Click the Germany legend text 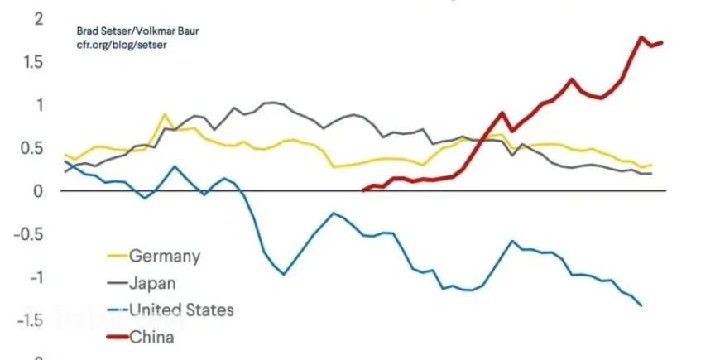[165, 257]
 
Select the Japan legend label [152, 283]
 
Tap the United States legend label [181, 310]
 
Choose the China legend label [151, 336]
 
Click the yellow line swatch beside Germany [118, 257]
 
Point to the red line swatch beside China [118, 336]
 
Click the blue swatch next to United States [118, 310]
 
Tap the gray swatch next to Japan [118, 283]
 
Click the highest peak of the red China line [641, 37]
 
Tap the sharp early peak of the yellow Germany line [165, 114]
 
